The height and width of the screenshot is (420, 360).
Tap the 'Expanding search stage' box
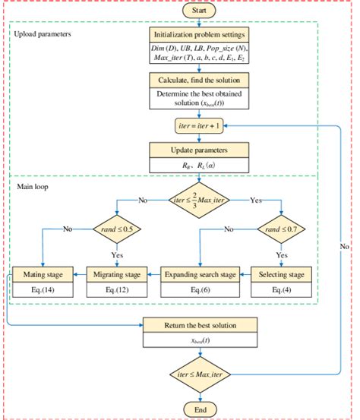pos(197,273)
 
